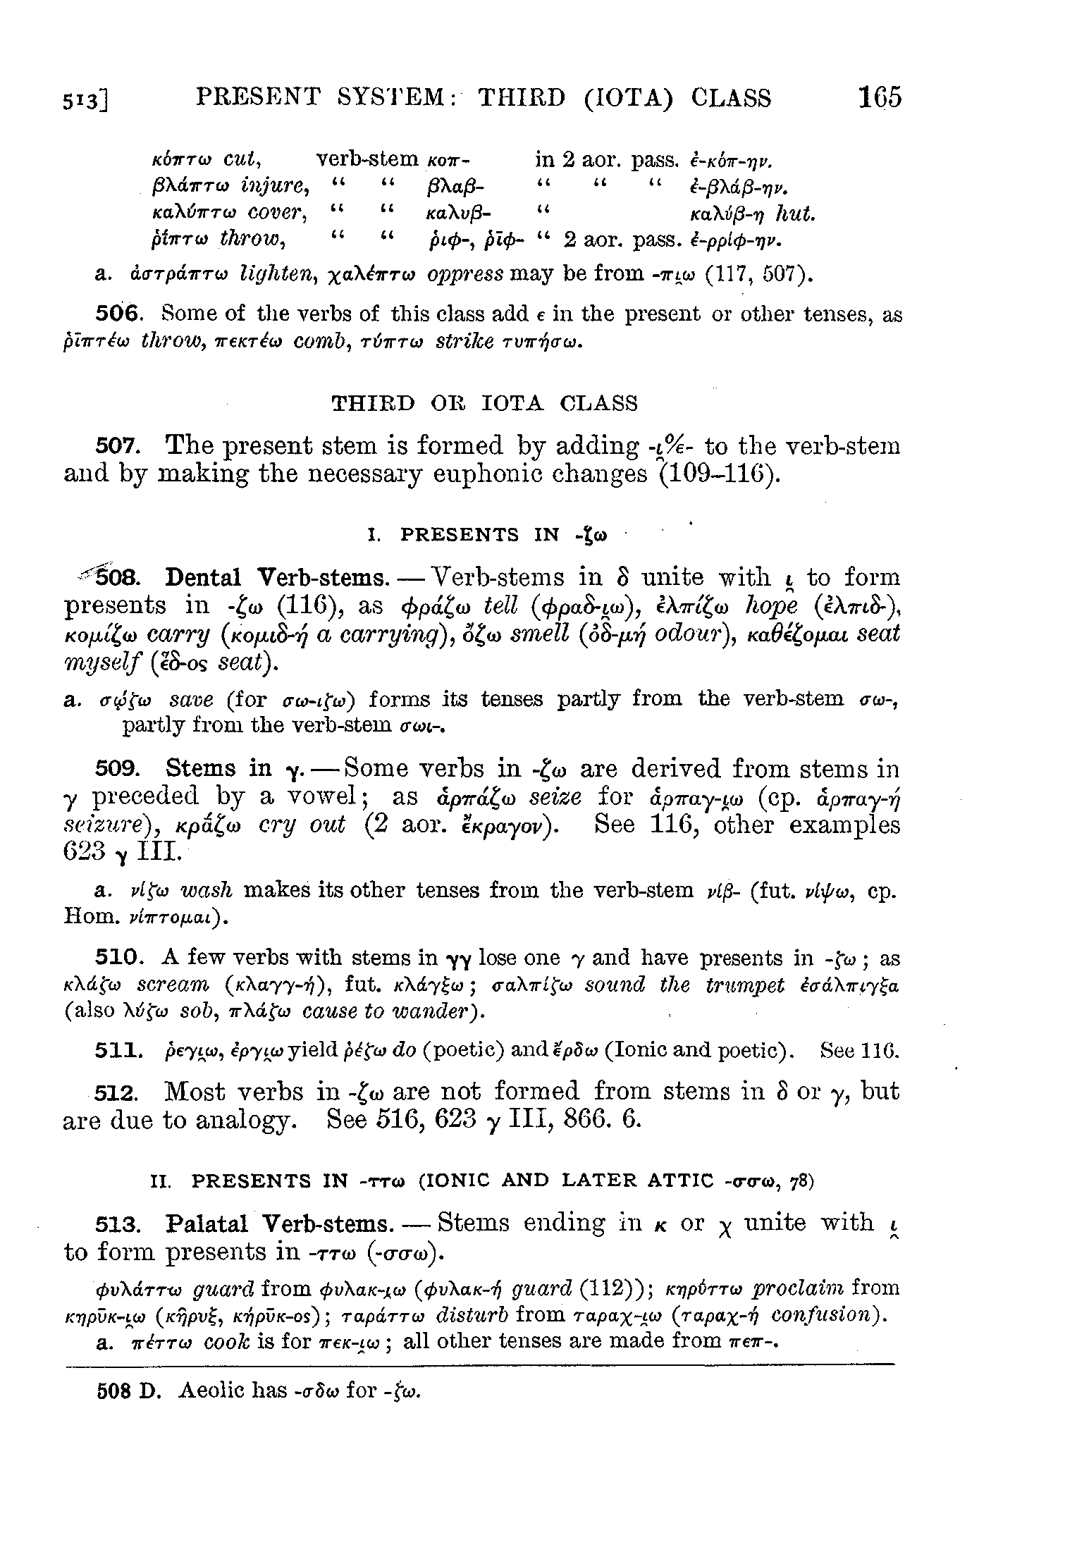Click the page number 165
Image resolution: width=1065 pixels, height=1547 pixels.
[x=880, y=97]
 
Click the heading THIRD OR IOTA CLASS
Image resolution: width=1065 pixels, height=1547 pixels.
[x=484, y=403]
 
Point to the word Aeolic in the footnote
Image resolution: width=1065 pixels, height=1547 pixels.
[x=214, y=1391]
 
